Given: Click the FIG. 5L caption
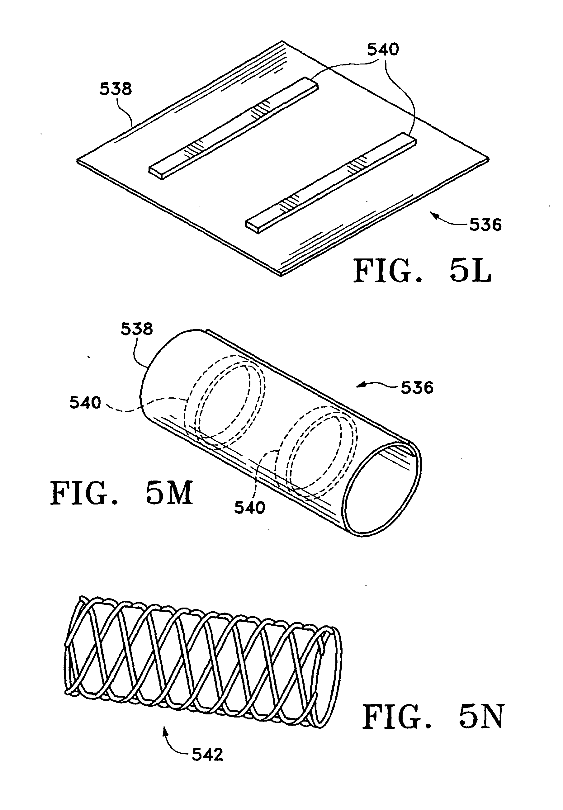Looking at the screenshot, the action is click(x=422, y=271).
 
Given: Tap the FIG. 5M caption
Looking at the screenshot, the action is click(x=122, y=493).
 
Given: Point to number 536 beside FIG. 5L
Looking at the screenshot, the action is click(x=485, y=225).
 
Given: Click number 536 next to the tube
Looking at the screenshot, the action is click(x=417, y=388).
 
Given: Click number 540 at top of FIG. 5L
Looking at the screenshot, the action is click(x=383, y=50).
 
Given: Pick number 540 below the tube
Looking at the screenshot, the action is click(x=250, y=508).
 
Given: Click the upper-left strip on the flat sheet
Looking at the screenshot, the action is click(x=234, y=128).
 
